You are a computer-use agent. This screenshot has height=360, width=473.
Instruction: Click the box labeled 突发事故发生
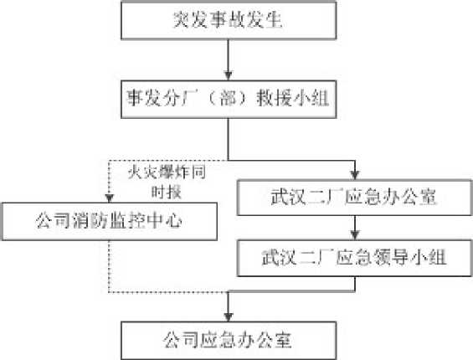point(229,21)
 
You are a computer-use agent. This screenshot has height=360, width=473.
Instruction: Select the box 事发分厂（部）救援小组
point(229,99)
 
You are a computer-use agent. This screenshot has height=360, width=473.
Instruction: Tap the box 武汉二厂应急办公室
point(354,198)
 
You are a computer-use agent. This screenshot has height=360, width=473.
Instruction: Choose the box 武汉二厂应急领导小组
point(354,258)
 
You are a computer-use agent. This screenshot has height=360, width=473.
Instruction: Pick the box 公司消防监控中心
point(110,221)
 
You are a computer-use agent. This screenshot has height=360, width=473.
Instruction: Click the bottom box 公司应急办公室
point(229,341)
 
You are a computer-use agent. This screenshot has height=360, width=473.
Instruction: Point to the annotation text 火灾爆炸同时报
point(167,183)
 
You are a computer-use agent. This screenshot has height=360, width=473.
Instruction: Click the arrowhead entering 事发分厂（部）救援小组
point(229,75)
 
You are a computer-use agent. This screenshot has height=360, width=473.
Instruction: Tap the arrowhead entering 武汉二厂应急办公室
point(355,175)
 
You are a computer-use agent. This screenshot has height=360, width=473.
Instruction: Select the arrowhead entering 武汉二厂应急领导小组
point(355,235)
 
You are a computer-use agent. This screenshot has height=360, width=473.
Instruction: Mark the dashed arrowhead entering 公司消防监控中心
point(109,198)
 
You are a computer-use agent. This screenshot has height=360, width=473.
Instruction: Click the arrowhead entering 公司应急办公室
point(229,316)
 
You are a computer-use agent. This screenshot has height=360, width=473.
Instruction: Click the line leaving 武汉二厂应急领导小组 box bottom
point(355,284)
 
